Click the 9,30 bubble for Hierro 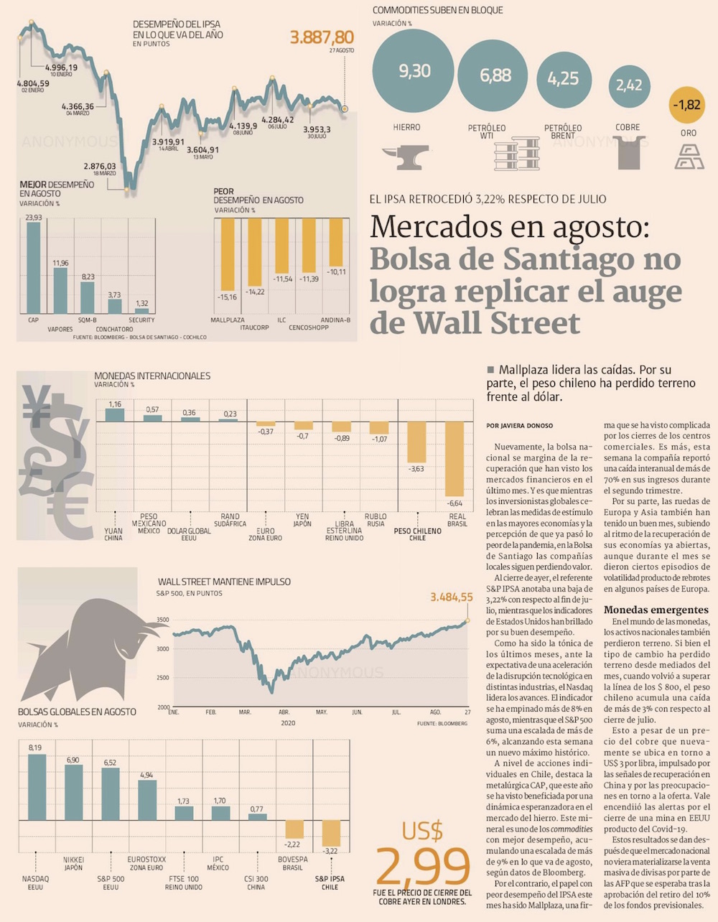[x=414, y=70]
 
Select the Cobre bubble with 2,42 [x=628, y=85]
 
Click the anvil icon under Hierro [x=406, y=157]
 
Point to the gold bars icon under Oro [x=689, y=156]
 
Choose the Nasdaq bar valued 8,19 [x=37, y=787]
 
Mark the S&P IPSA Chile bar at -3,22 [x=330, y=833]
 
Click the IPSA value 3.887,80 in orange [x=322, y=37]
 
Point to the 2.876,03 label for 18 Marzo [x=99, y=166]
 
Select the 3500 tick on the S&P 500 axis [x=163, y=620]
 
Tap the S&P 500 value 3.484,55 [x=451, y=597]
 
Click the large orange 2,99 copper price [x=424, y=867]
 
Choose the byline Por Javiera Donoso [x=520, y=426]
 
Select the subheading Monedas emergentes [x=656, y=610]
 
